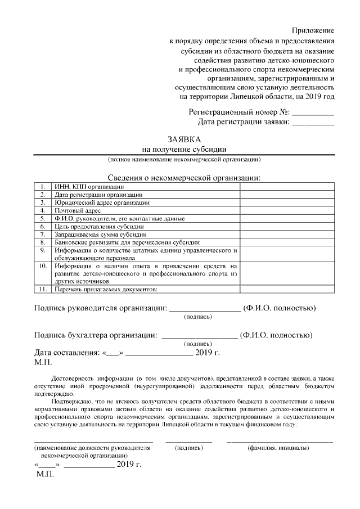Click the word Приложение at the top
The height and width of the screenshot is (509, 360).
point(313,30)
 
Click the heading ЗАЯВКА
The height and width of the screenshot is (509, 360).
point(184,139)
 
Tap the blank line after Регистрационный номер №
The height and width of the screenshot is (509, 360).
point(313,113)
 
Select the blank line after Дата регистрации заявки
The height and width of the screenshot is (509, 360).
point(313,123)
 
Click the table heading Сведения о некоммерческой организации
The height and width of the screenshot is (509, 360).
point(184,178)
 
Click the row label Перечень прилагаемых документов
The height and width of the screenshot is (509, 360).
point(105,289)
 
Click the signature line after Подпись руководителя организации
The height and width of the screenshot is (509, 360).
point(205,309)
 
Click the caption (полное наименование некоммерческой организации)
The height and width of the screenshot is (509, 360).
point(184,160)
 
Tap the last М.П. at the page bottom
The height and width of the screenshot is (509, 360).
point(44,475)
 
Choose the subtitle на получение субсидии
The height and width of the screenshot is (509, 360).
point(184,149)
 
